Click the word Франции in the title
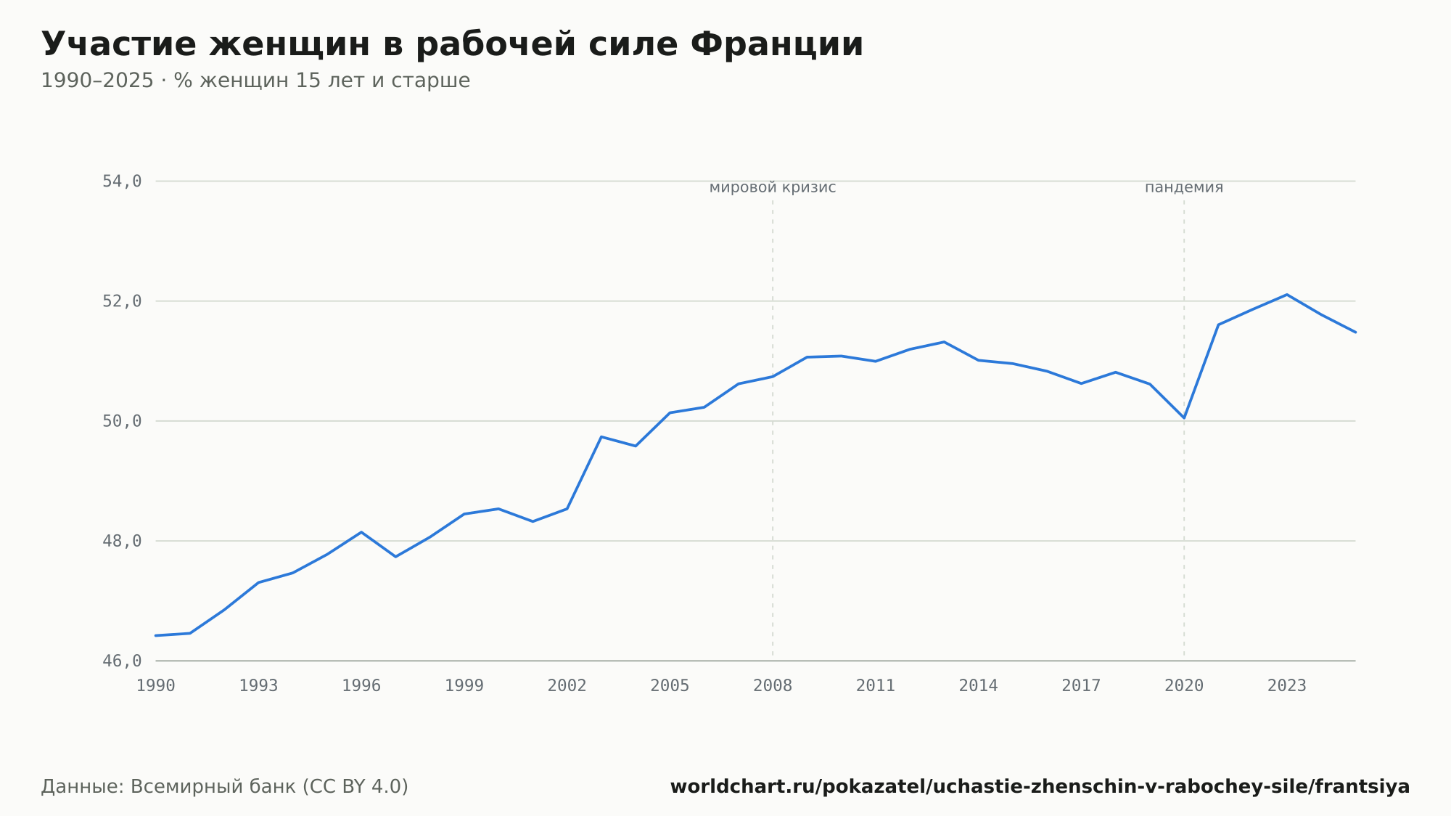[776, 44]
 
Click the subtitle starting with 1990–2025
[255, 81]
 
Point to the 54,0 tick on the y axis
[122, 181]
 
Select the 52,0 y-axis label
[122, 301]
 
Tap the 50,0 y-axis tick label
[122, 421]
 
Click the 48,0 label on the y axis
[122, 542]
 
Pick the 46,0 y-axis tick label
[122, 661]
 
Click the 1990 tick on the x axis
[156, 686]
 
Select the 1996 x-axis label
[361, 686]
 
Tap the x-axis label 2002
[567, 686]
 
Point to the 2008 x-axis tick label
[773, 686]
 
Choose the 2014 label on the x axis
[979, 686]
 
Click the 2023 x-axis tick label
[1287, 686]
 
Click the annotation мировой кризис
[773, 188]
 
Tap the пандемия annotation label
[1184, 188]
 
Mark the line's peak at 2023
[1287, 294]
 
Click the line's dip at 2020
[1184, 418]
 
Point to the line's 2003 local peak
[601, 436]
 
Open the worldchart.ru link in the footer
[1040, 787]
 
